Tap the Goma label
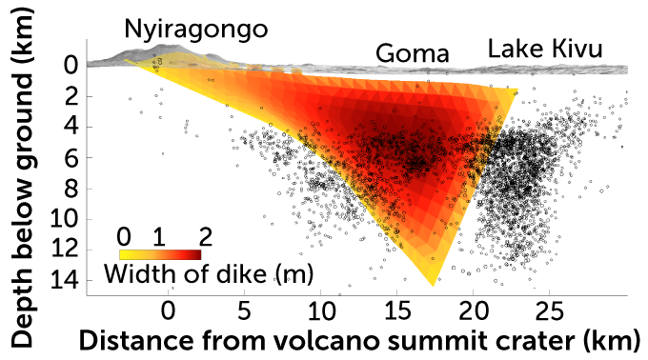412,54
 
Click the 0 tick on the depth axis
70,66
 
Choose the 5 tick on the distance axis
244,311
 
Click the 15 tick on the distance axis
396,311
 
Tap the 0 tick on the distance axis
168,311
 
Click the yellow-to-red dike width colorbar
159,254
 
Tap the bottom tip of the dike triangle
432,285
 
